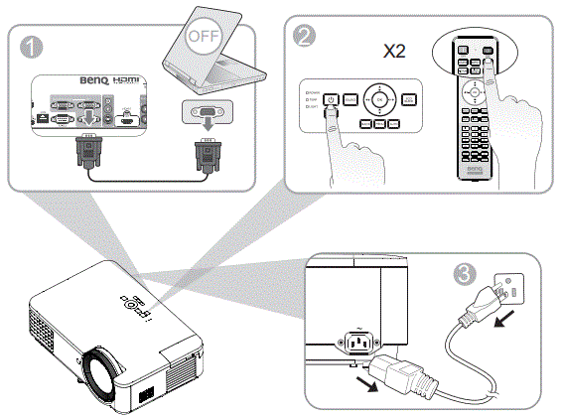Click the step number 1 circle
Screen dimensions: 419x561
click(32, 45)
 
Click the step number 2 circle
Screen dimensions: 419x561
click(307, 38)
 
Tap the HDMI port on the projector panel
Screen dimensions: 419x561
click(129, 118)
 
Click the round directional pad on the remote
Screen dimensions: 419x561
click(475, 90)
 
